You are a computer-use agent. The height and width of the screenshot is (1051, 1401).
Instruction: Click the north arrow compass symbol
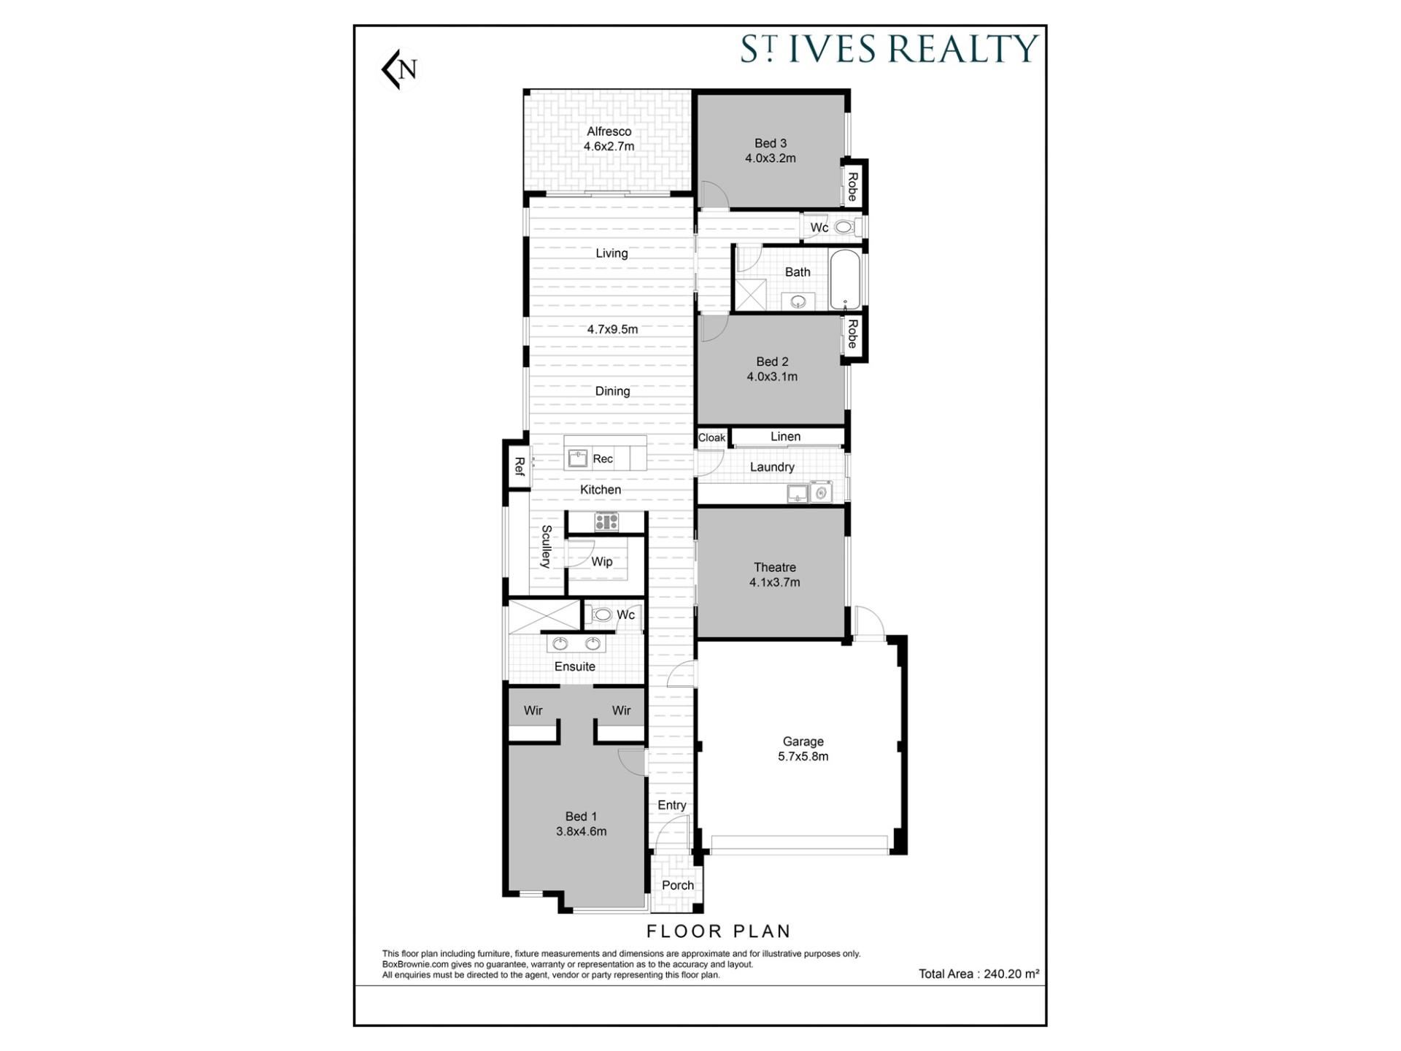click(x=401, y=69)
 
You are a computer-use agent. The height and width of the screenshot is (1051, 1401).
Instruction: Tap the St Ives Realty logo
click(x=889, y=49)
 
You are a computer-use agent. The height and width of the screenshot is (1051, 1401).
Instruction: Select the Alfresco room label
click(x=609, y=131)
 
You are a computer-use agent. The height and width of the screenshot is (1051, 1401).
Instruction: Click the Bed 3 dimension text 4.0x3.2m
click(x=770, y=158)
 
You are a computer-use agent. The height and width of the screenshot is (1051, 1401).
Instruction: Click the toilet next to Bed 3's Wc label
click(x=844, y=228)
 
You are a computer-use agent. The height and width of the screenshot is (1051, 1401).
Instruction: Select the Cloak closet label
click(x=711, y=438)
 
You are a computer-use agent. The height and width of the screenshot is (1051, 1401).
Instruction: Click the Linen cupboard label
click(x=785, y=436)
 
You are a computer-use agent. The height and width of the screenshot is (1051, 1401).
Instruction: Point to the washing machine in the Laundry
click(x=820, y=493)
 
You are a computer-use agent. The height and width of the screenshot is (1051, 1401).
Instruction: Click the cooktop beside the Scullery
click(x=606, y=522)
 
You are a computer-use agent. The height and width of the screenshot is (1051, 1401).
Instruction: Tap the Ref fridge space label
click(x=520, y=466)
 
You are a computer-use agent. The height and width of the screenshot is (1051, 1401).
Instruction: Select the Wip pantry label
click(x=602, y=561)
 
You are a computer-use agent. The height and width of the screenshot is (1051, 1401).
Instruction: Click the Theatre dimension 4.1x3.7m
click(x=775, y=582)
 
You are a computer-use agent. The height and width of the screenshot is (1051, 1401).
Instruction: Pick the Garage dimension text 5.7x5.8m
click(x=803, y=757)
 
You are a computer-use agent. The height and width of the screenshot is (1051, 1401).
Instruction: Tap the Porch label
click(x=678, y=885)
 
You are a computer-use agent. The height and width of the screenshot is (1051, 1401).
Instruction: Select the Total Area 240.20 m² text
click(x=979, y=974)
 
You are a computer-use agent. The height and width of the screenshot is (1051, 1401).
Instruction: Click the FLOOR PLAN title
click(x=719, y=931)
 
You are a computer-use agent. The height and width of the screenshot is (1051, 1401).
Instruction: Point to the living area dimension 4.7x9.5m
click(x=612, y=329)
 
